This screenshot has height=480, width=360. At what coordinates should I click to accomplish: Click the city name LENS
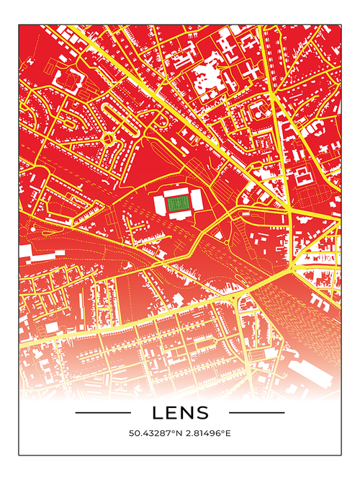click(180, 413)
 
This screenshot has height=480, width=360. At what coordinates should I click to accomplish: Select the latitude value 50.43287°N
click(154, 434)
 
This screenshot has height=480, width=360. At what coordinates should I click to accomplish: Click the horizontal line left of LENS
click(103, 413)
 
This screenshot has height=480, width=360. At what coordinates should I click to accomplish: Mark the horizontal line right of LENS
click(256, 413)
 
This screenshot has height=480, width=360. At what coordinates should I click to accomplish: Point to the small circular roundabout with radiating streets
click(108, 138)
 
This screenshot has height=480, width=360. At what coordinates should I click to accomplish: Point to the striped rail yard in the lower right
click(288, 303)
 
